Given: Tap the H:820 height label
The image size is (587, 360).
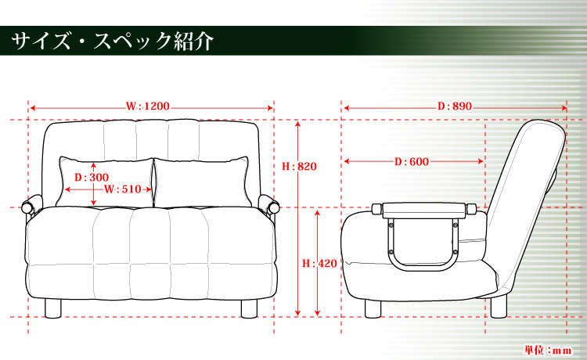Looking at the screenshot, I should tap(299, 166).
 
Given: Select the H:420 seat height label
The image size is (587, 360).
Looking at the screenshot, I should tap(319, 264).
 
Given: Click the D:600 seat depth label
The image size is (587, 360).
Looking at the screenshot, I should tap(411, 162).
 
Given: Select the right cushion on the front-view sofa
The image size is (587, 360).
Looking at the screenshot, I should tap(201, 182).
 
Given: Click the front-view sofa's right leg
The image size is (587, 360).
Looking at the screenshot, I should tap(249, 308).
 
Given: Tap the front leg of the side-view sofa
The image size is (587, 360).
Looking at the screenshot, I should tap(373, 308).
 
